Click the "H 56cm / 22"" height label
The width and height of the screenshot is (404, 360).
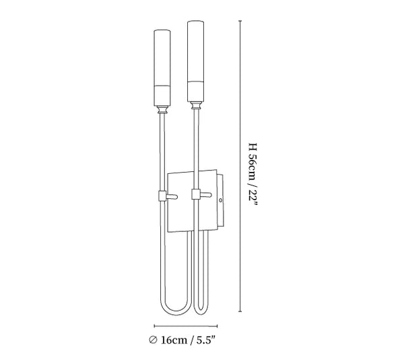click(x=252, y=175)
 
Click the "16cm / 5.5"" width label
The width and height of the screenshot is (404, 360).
click(x=188, y=340)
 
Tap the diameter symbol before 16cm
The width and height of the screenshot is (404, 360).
click(x=153, y=340)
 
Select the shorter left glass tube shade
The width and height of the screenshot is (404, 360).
click(x=162, y=68)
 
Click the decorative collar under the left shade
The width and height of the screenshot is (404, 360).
click(x=162, y=110)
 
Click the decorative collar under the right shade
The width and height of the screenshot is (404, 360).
click(x=196, y=105)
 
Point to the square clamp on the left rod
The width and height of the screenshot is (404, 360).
click(x=162, y=196)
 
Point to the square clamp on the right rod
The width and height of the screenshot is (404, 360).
click(x=196, y=194)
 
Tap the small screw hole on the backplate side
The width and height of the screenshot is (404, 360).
click(x=220, y=200)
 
